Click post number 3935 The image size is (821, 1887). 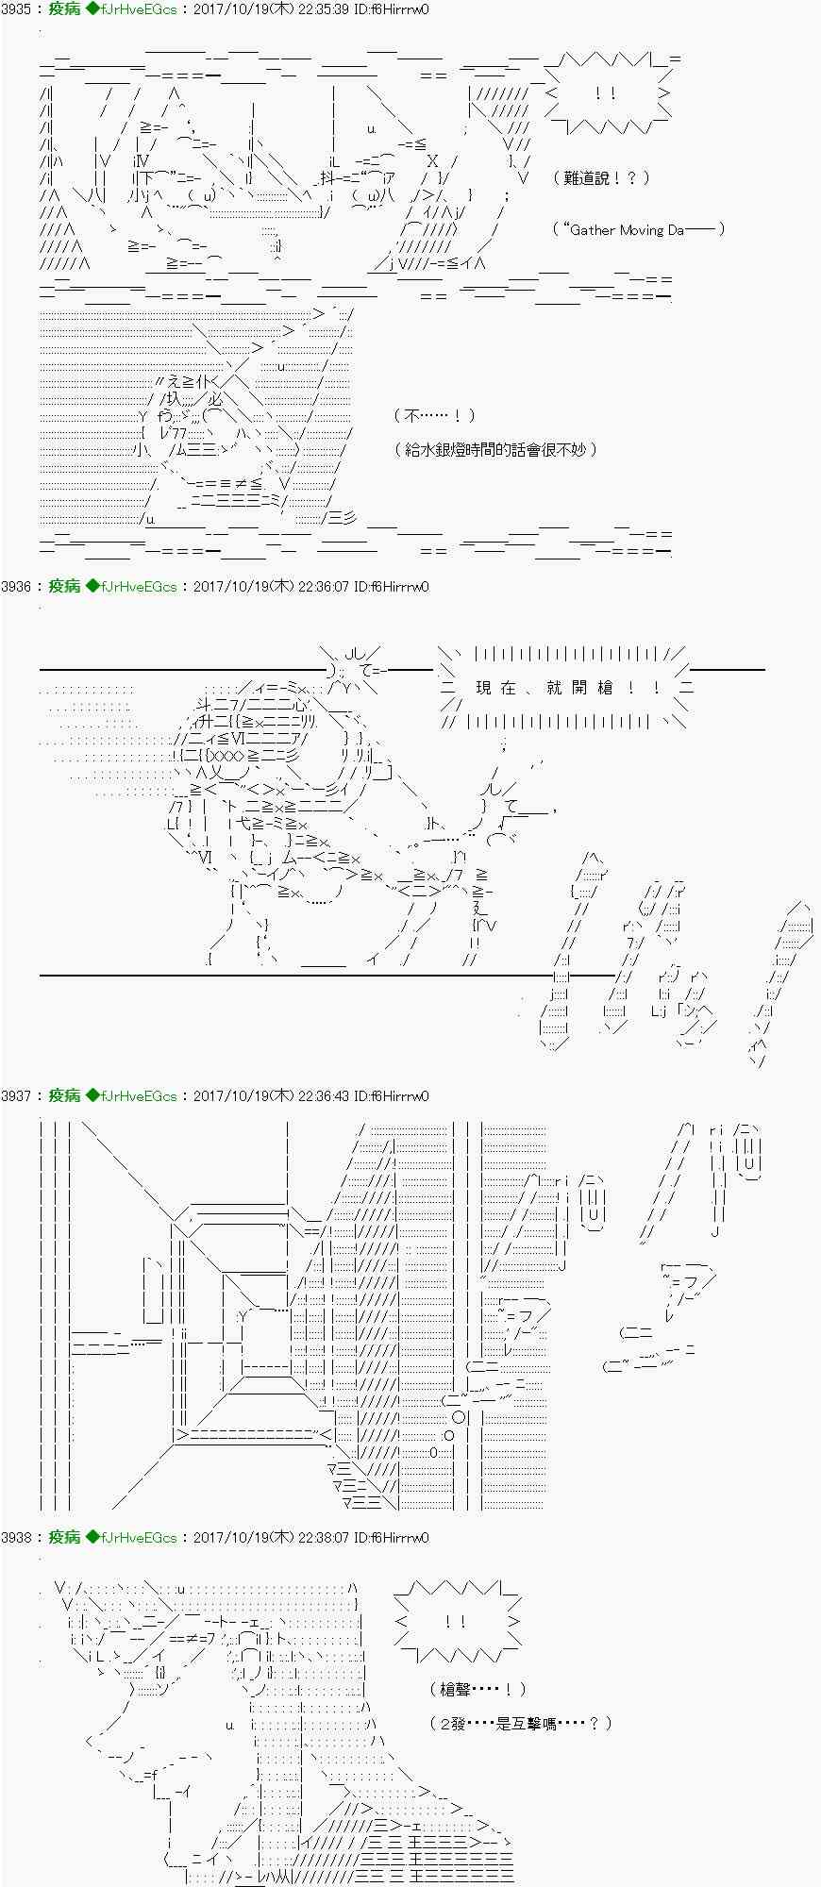pos(16,9)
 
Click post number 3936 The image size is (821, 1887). pos(16,587)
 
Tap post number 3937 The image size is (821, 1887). pos(16,1096)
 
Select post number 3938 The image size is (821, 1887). pos(16,1538)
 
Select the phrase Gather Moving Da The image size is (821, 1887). pos(628,229)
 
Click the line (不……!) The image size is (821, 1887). pos(434,416)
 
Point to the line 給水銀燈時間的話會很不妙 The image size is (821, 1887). pos(495,450)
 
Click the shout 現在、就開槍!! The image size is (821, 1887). pos(566,688)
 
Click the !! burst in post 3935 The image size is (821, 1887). pos(607,93)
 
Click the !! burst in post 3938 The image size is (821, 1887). pos(457,1623)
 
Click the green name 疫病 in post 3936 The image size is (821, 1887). pos(63,587)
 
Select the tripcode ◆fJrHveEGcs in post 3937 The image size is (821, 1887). pos(131,1096)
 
